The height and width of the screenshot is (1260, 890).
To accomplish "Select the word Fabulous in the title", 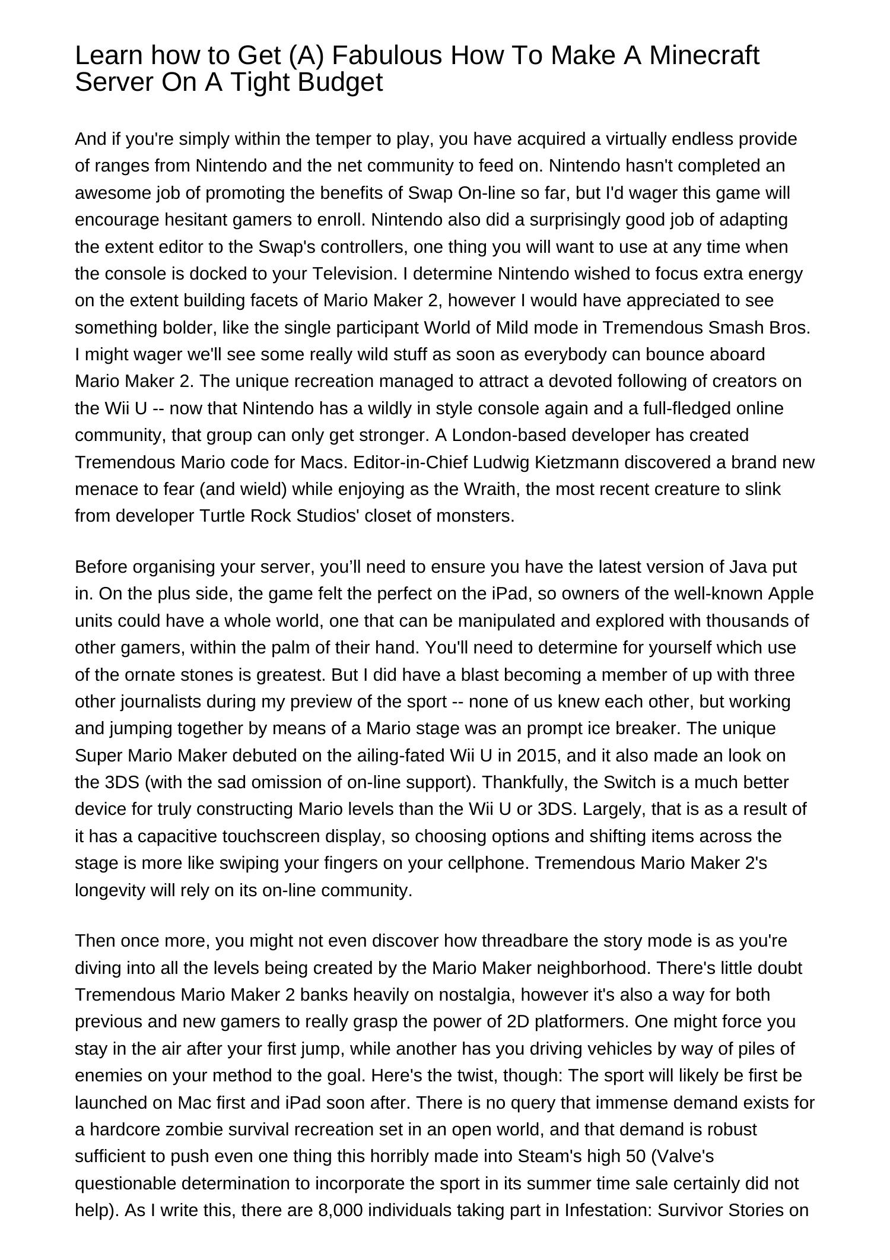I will click(x=387, y=56).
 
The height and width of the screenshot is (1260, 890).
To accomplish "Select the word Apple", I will click(x=791, y=593).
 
